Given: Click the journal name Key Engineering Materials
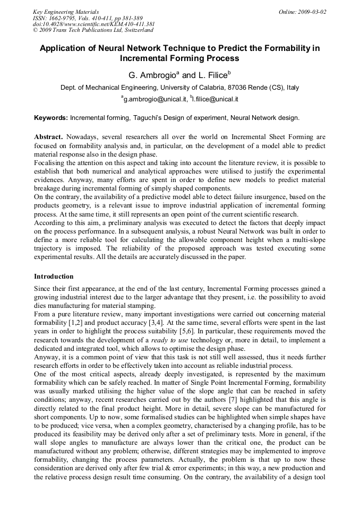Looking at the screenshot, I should pyautogui.click(x=66, y=12).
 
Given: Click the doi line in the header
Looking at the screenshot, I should pyautogui.click(x=93, y=24).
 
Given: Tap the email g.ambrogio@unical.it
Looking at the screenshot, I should pyautogui.click(x=153, y=99).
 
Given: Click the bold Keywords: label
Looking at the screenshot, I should pyautogui.click(x=51, y=118).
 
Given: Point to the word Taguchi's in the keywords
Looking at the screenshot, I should pyautogui.click(x=138, y=118).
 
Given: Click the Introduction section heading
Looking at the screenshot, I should pyautogui.click(x=54, y=277).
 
